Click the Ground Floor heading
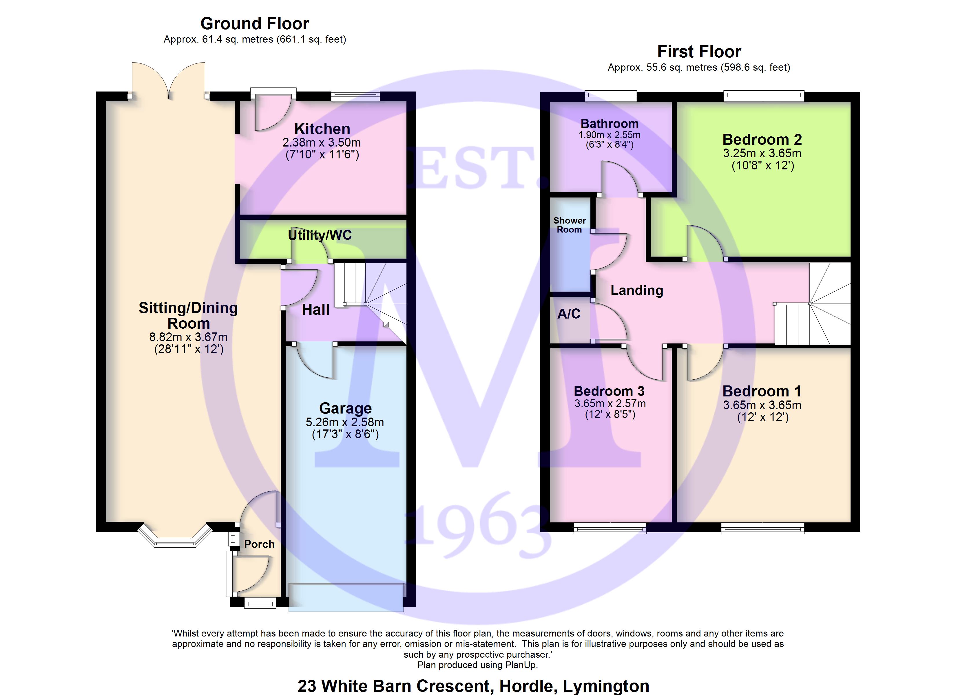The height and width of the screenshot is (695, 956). [255, 24]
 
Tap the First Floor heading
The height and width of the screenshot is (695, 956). [699, 52]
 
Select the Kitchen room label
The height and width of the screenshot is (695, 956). [322, 129]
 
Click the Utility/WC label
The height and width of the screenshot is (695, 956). [320, 235]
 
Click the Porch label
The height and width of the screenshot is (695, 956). [259, 544]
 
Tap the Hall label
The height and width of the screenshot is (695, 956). [315, 310]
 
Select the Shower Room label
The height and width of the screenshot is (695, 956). [570, 225]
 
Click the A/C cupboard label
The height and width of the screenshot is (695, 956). [569, 314]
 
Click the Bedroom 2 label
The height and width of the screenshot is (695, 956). [762, 140]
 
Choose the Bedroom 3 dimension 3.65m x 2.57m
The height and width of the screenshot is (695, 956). [610, 403]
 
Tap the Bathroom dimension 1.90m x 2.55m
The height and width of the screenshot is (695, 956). [609, 135]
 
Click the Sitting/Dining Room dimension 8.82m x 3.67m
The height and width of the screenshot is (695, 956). [188, 337]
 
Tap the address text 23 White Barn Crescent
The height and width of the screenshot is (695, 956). [473, 686]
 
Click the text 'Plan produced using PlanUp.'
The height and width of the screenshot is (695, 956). [478, 665]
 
